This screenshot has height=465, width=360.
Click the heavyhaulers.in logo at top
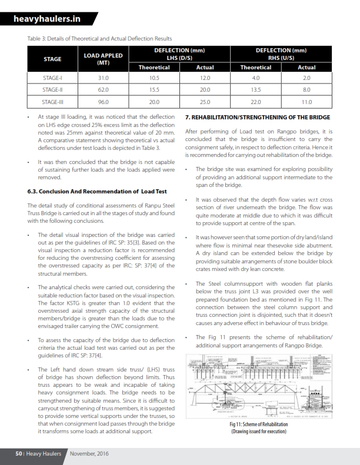coord(49,19)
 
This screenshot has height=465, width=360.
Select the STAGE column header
coord(52,59)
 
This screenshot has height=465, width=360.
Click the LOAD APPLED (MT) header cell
coord(104,59)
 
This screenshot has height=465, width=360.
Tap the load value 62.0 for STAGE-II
coord(104,90)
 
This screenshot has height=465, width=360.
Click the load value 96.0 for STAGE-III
coord(104,102)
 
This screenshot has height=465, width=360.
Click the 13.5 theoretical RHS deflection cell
coord(256,90)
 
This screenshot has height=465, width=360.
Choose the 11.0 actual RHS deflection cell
coord(306,102)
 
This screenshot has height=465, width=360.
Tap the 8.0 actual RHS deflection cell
coord(306,90)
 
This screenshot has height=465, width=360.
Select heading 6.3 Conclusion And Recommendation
coord(96,191)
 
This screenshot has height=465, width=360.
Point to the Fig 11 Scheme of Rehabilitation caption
coord(259,427)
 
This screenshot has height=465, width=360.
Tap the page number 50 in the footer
coord(19,454)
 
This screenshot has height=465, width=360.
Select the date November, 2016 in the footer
coord(89,454)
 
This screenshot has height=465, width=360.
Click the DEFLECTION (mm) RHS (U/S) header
coord(281,53)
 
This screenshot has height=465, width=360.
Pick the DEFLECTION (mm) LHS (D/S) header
coord(179,53)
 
